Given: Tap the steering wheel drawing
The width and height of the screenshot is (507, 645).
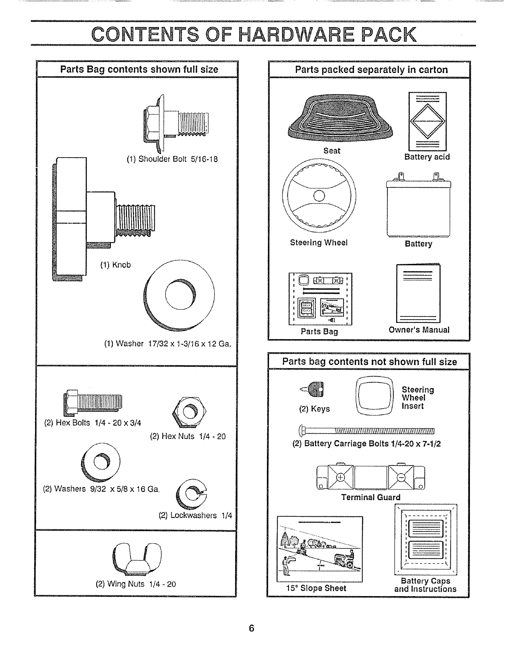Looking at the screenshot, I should [x=319, y=197].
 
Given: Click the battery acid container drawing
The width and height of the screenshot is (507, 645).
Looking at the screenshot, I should [x=427, y=121].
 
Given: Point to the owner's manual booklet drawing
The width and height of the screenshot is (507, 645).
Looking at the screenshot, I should [x=418, y=294].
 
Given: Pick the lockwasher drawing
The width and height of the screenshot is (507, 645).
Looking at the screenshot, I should [x=190, y=496].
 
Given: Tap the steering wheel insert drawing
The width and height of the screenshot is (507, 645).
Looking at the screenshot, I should [x=374, y=395].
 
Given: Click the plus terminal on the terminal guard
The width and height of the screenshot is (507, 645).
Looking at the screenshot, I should [x=340, y=477].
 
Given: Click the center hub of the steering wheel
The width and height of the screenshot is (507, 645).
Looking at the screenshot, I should [x=319, y=197].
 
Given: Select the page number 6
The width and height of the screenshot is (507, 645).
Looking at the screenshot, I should [x=251, y=628].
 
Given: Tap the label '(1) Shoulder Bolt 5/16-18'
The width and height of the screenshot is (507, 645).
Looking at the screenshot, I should [x=172, y=159].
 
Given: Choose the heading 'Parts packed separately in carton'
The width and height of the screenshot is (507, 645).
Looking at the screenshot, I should [x=371, y=70].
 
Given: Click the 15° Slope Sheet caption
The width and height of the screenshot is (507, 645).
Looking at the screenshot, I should [x=316, y=588].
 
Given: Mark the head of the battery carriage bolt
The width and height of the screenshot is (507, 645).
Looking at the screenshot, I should [x=302, y=430].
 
